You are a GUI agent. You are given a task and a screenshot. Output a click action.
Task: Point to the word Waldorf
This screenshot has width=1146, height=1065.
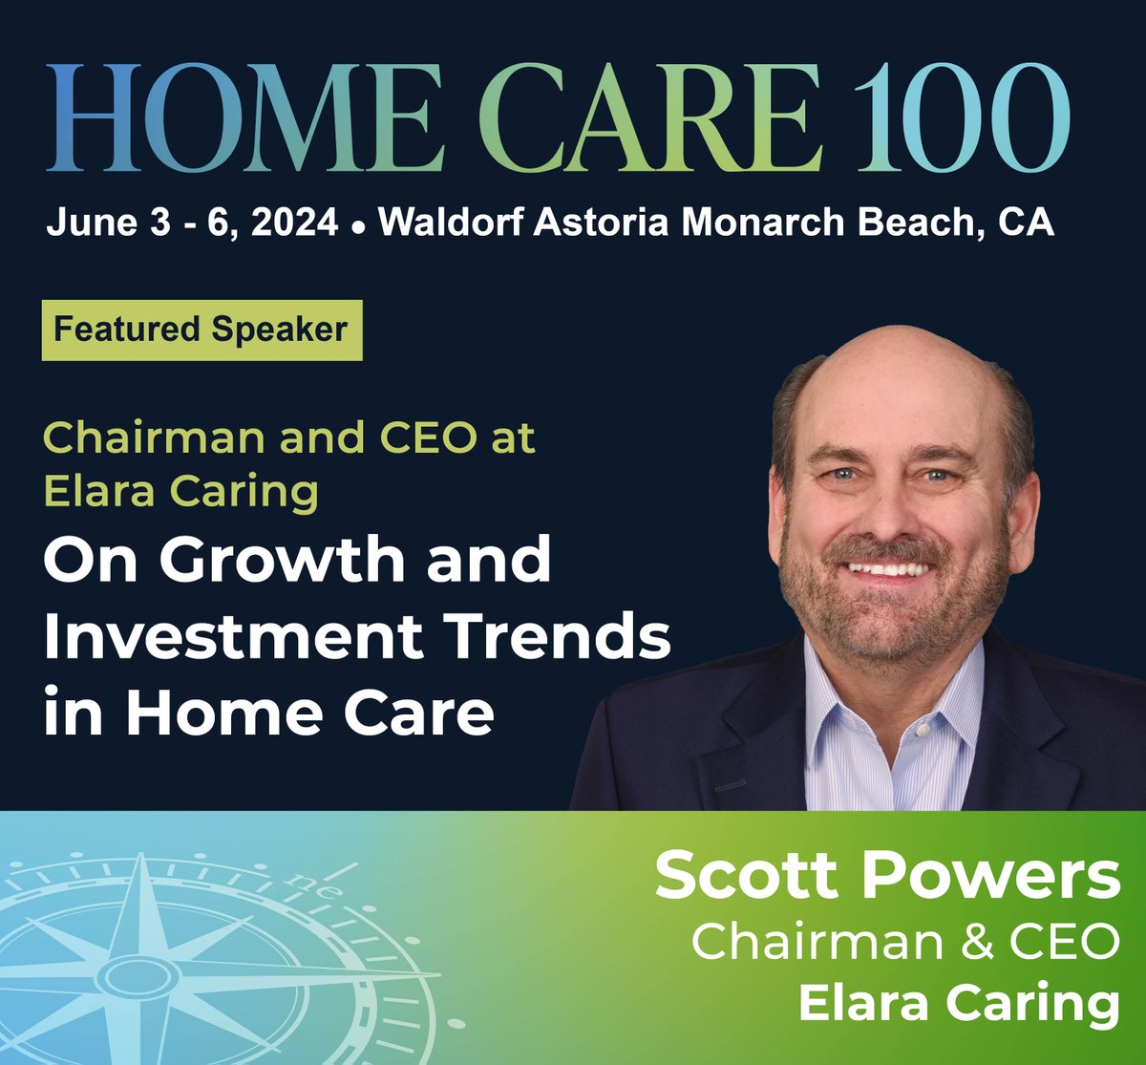coord(451,223)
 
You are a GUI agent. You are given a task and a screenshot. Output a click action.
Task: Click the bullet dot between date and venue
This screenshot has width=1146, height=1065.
coord(359,227)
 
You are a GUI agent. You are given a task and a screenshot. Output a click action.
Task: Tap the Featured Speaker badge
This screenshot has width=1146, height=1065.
coord(202,330)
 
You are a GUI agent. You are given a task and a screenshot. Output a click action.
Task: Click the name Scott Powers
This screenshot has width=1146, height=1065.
coord(887,876)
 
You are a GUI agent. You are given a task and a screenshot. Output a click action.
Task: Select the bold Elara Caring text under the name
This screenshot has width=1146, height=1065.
coord(958,1003)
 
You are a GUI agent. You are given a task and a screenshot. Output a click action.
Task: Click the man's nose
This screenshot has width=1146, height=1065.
coord(893,511)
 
